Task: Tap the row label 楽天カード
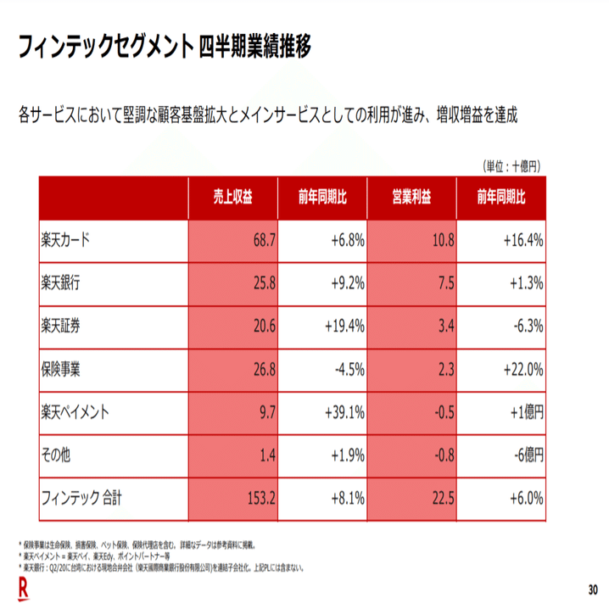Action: [65, 240]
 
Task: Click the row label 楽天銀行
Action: [60, 283]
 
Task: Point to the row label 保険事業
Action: [60, 370]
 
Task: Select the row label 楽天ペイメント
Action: [76, 413]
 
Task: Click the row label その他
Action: [55, 456]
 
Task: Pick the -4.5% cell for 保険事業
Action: [348, 370]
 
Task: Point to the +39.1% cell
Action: [344, 413]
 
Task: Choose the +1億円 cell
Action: [523, 413]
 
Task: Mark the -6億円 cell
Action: [523, 456]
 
